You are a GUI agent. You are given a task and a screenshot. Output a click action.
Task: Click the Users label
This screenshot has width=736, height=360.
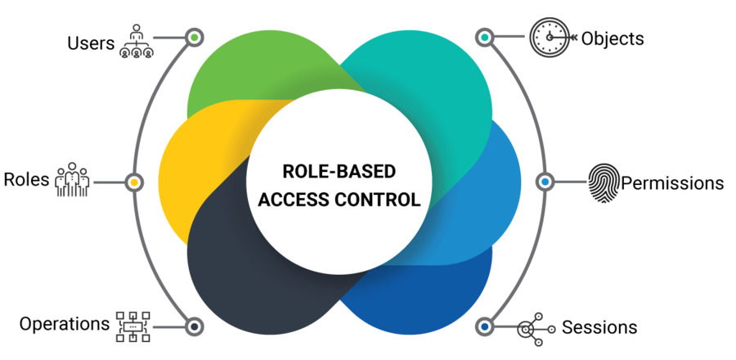click(91, 42)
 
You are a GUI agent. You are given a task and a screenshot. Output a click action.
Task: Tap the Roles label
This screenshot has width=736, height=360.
click(27, 180)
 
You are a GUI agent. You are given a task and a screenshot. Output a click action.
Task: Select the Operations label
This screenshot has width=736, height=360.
click(65, 324)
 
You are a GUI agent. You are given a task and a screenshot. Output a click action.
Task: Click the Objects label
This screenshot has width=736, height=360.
click(613, 38)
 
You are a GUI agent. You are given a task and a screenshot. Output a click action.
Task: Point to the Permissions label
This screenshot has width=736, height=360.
click(672, 182)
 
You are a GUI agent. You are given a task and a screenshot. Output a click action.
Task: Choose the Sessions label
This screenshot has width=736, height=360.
click(599, 327)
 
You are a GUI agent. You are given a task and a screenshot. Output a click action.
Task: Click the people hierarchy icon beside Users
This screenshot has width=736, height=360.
click(135, 39)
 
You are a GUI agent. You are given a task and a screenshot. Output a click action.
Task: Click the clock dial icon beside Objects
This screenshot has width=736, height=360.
click(549, 38)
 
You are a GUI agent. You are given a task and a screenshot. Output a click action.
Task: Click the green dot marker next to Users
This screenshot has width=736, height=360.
click(194, 38)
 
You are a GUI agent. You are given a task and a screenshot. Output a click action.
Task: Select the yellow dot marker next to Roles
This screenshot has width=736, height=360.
click(134, 182)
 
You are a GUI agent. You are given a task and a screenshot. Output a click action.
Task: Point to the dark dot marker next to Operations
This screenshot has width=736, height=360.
click(194, 326)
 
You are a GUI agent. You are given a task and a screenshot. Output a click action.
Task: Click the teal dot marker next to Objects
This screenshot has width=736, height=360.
click(485, 38)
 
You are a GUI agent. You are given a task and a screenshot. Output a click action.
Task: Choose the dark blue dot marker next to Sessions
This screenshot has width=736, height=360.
click(485, 326)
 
